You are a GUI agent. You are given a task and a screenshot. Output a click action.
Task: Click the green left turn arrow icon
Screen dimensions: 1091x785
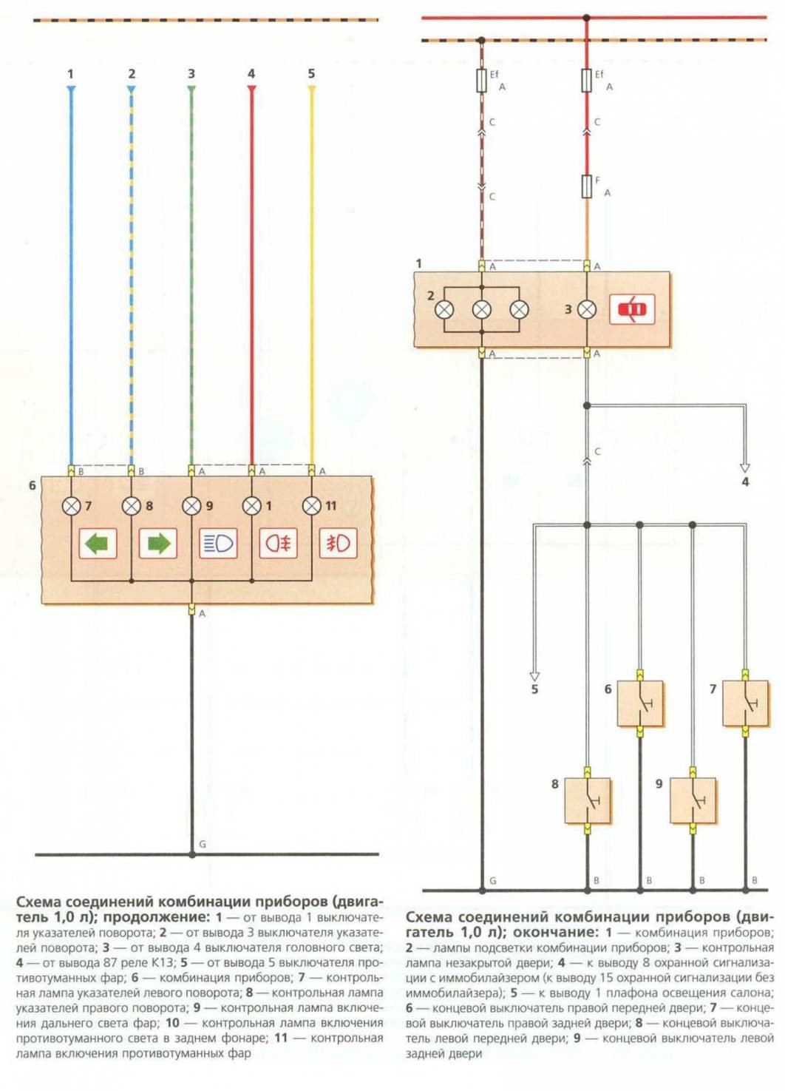98,544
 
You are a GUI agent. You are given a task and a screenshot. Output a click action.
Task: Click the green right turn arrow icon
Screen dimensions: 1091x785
158,544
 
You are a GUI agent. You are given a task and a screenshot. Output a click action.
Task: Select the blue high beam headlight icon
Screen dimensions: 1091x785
218,544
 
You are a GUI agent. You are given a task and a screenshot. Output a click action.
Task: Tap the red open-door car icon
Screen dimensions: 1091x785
632,308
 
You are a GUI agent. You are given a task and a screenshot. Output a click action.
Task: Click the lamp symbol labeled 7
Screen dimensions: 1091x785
71,506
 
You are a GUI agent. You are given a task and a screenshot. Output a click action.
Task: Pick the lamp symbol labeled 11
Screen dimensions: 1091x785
312,506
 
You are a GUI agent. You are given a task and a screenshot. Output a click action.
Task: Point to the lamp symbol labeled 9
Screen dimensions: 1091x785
191,506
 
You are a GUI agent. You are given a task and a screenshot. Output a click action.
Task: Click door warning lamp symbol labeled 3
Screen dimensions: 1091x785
587,309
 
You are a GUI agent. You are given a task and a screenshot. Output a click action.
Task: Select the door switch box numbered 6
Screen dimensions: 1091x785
640,703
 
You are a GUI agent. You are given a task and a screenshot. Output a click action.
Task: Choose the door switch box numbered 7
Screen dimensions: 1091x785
745,703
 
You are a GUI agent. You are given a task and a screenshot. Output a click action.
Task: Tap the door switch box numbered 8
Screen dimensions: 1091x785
588,800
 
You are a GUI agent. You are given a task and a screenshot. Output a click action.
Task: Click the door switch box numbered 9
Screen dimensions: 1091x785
693,800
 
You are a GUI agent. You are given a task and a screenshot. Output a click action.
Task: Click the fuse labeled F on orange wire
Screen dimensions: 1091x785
587,186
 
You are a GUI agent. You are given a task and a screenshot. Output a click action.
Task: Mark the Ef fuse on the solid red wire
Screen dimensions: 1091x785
587,80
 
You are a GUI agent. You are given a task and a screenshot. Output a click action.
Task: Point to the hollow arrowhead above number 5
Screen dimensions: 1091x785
534,675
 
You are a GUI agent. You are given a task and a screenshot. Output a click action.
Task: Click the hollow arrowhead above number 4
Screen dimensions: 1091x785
745,467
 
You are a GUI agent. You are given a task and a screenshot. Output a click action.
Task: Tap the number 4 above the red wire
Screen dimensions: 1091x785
251,74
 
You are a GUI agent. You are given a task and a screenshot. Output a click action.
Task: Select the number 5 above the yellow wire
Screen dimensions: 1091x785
311,74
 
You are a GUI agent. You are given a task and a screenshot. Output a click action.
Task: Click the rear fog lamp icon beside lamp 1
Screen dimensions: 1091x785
279,544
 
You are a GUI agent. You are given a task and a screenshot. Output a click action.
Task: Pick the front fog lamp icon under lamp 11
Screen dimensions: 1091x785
339,544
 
